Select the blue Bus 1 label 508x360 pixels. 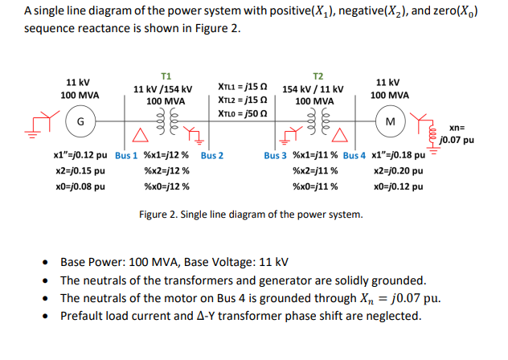coord(127,155)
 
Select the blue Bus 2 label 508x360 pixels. coord(212,155)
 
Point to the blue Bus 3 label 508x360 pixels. coord(277,155)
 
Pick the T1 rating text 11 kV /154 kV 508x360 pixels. coord(162,89)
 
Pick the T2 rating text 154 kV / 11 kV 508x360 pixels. coord(313,89)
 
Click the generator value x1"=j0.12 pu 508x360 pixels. coord(82,155)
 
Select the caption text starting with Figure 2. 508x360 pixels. coord(250,215)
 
